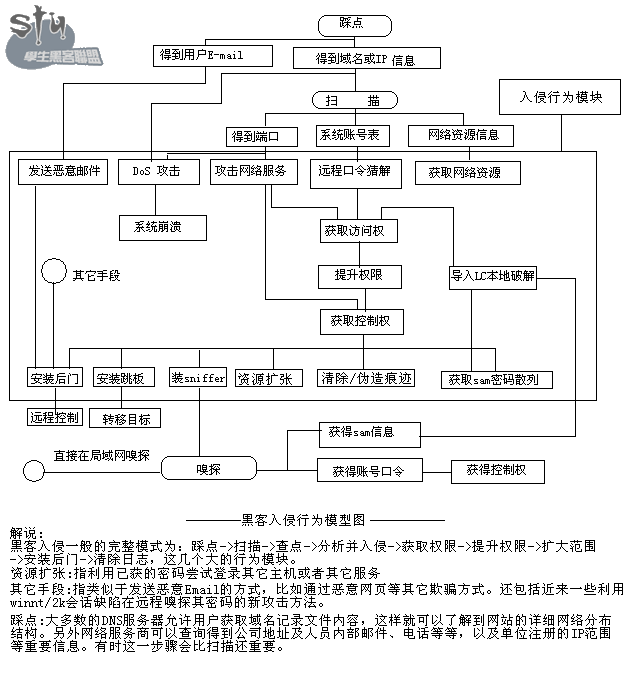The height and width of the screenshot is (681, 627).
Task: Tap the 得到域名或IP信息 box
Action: [366, 59]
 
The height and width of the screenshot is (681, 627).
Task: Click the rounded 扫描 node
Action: [355, 100]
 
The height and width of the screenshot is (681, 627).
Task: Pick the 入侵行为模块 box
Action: [560, 98]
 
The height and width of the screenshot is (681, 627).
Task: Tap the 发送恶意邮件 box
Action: [63, 172]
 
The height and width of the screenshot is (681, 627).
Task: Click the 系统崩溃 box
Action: [162, 227]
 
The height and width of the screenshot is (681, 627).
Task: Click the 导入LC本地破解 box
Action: [493, 276]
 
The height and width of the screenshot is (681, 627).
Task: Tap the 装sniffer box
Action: [198, 378]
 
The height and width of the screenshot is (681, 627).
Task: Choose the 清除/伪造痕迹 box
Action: [365, 378]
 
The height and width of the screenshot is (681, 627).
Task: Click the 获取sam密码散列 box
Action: [495, 380]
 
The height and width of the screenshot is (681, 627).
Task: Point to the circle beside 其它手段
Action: [53, 272]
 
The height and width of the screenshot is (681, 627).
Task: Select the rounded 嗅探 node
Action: [208, 467]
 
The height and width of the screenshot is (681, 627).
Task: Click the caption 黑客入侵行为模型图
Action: [318, 519]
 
